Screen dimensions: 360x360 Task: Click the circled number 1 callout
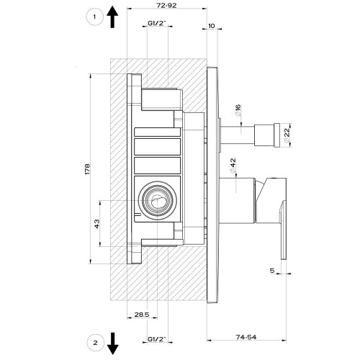pos(91,18)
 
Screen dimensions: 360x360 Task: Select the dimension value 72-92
pos(166,6)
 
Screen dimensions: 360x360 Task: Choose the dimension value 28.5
pos(141,315)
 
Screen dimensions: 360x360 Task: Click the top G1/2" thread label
pos(157,24)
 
